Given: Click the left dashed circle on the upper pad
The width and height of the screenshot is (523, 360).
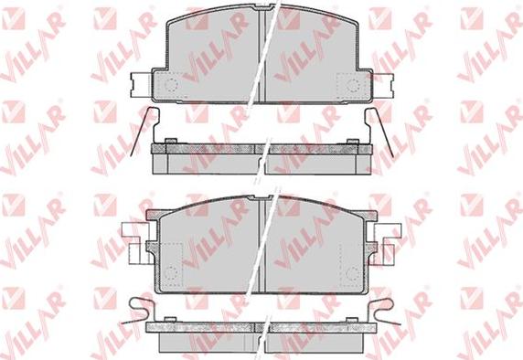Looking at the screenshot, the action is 172,85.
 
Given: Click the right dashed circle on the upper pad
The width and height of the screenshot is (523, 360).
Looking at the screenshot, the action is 353,85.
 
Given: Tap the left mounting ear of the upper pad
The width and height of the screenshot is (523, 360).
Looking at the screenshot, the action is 141,85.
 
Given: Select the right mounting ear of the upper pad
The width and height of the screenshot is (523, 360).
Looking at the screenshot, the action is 383,85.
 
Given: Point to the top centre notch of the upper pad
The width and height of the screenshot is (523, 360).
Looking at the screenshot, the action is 264,7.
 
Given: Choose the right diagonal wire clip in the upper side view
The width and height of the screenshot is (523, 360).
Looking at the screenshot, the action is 382,132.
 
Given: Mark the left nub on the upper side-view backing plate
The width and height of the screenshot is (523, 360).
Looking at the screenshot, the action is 170,141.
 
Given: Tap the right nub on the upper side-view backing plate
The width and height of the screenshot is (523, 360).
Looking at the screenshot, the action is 352,142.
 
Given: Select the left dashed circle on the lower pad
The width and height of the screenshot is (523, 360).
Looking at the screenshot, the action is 172,272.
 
